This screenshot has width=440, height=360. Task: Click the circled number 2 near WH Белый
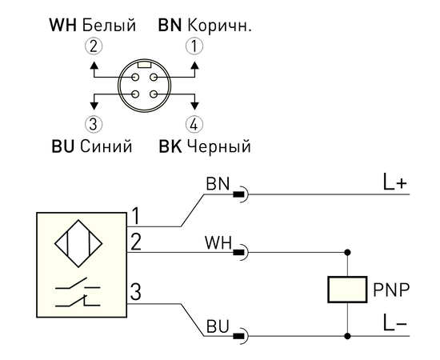94,46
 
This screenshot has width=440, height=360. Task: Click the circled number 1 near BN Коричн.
194,46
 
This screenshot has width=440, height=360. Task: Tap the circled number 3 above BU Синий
94,124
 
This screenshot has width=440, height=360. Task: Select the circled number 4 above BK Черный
194,124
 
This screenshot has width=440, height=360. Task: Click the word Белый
109,25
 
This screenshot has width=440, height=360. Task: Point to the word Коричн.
219,25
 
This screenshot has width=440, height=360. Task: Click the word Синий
106,146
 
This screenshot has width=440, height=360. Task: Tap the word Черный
219,146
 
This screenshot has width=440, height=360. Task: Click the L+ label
394,182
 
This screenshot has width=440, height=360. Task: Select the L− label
394,322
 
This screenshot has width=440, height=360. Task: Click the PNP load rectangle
347,290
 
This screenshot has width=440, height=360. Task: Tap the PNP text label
391,290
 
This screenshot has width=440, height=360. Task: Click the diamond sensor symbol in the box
78,243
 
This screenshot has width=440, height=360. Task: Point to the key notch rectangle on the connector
145,65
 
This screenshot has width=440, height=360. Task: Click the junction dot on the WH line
347,252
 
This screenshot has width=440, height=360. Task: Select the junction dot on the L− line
347,335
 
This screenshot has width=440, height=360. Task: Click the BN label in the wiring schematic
218,184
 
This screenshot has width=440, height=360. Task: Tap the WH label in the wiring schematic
218,242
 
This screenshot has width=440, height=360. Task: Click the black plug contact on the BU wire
238,336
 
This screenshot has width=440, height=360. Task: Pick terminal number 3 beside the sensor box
135,291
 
